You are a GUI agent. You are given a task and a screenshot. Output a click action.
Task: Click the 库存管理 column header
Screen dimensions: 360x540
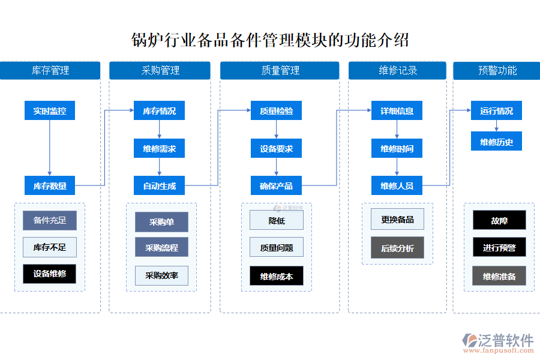50,70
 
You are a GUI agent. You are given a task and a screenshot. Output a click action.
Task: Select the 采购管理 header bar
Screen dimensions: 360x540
160,70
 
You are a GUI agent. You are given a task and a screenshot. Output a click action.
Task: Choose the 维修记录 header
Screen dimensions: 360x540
397,70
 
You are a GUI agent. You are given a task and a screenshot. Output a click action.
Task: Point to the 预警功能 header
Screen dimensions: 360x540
497,70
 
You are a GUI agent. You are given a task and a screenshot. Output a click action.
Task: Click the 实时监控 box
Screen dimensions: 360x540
50,111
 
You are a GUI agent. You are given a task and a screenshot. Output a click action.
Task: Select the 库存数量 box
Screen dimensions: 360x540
50,186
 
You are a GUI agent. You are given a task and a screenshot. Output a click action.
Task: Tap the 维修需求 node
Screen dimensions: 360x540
159,149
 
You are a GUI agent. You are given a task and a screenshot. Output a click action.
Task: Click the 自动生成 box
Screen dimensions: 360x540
159,186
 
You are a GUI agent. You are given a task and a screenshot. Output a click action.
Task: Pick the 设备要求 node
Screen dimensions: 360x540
276,149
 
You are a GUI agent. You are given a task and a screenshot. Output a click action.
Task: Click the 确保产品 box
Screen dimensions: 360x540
276,186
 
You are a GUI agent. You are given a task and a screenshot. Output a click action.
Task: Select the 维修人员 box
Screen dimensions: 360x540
397,186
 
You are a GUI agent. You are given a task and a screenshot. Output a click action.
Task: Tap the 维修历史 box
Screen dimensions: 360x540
496,142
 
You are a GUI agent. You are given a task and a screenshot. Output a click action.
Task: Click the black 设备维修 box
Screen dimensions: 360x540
50,274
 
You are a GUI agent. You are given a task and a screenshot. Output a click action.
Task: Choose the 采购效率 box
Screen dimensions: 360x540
161,275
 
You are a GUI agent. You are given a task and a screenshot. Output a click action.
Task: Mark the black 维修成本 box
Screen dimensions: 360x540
277,276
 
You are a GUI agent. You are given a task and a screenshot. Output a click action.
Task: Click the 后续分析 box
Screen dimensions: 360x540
397,248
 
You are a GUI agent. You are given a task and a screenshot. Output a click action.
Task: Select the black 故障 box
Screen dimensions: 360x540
499,220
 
